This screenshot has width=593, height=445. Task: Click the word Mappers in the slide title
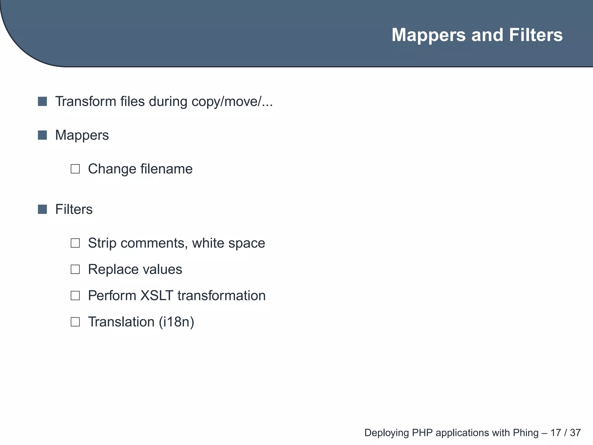point(429,35)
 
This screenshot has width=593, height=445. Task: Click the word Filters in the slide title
point(536,35)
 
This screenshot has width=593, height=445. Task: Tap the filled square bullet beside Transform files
point(42,101)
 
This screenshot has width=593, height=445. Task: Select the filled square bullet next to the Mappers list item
point(42,135)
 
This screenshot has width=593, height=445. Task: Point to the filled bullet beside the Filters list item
point(42,209)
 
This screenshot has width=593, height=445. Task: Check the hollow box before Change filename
point(75,169)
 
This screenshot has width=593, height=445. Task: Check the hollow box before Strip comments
point(75,243)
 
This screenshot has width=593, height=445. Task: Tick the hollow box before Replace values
point(75,269)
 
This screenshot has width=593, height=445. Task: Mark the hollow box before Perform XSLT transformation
point(75,296)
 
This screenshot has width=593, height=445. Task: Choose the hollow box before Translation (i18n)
point(75,322)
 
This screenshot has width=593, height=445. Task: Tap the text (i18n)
point(176,322)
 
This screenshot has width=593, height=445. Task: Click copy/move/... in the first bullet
point(232,102)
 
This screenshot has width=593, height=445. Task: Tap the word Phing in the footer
point(526,433)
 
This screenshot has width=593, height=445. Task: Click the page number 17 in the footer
point(556,433)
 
